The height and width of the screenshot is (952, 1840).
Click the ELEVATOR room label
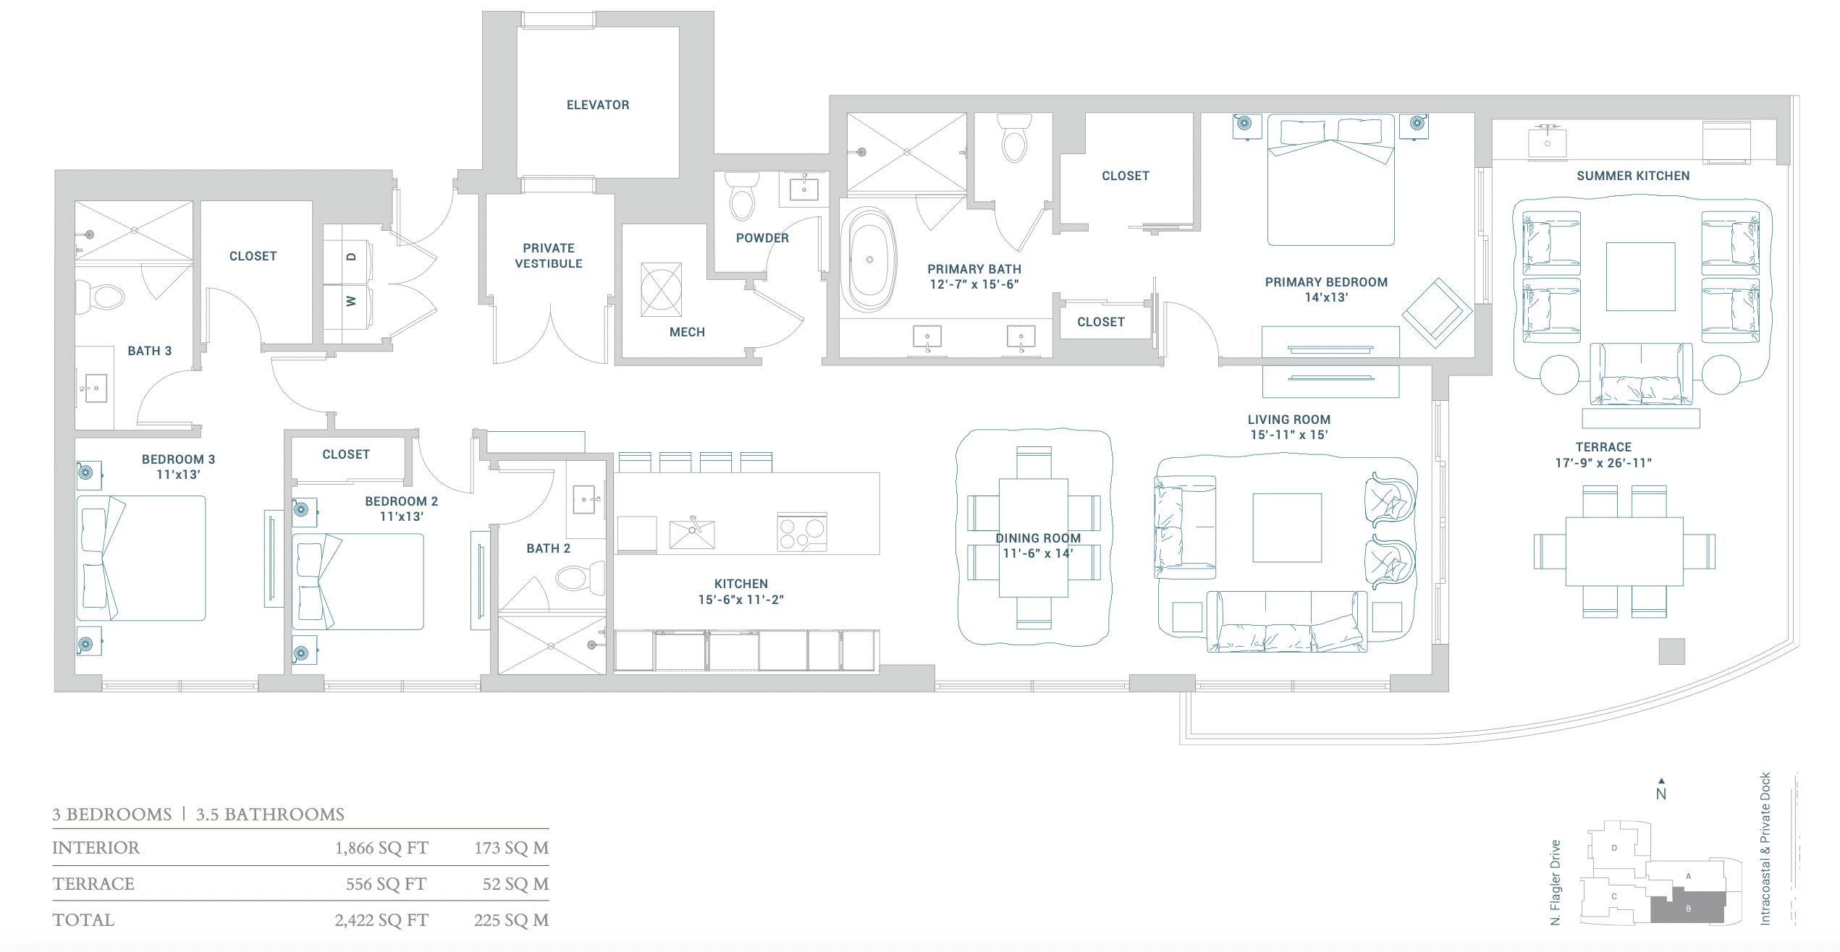597,105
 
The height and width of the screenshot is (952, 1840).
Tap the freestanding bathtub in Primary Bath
869,260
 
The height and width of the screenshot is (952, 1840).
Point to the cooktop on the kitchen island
802,532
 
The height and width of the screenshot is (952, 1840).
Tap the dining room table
1033,537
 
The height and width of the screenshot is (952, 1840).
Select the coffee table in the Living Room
1286,527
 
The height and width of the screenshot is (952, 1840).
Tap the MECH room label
687,332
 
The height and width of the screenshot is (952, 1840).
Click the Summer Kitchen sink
1547,143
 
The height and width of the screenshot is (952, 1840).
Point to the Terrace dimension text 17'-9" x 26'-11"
1603,463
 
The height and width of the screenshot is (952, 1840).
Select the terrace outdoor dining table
1624,551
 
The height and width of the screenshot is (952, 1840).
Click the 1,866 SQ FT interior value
381,848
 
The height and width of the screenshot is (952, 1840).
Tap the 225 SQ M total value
511,920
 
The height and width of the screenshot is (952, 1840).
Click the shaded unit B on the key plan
1689,909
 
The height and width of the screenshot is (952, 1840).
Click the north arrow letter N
1661,794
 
